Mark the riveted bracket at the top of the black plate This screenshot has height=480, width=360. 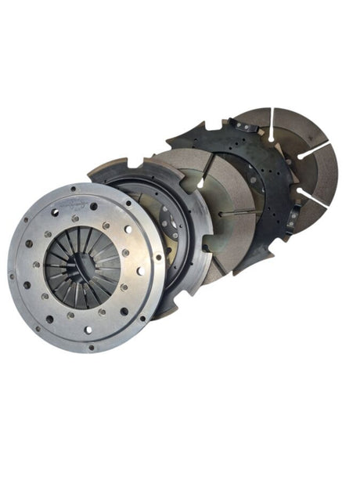(x=239, y=125)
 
